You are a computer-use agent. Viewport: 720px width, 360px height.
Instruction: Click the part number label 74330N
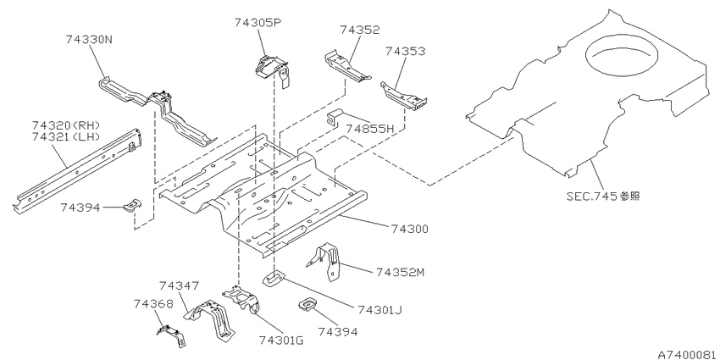[x=89, y=40]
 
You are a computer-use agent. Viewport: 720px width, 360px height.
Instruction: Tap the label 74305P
[x=258, y=22]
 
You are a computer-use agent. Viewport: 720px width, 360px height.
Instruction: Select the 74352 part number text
[x=360, y=30]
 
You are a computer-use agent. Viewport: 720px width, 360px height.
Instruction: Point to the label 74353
[x=405, y=51]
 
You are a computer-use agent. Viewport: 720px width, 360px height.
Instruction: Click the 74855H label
[x=370, y=129]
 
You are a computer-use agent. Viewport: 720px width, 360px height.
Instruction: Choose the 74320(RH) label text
[x=66, y=125]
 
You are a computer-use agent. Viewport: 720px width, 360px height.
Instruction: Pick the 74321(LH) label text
[x=66, y=136]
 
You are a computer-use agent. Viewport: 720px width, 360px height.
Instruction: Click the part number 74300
[x=410, y=228]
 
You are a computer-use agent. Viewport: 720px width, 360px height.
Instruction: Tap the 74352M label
[x=400, y=272]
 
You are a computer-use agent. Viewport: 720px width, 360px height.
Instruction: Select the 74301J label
[x=379, y=310]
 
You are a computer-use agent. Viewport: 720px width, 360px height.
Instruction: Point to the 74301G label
[x=281, y=341]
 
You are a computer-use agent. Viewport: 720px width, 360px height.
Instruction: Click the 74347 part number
[x=179, y=286]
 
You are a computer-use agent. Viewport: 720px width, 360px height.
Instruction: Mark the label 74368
[x=154, y=303]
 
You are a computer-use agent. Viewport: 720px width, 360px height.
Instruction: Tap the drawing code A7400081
[x=689, y=355]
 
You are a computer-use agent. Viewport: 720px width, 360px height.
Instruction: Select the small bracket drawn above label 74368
[x=172, y=335]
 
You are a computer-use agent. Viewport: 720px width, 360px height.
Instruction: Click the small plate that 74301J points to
[x=274, y=279]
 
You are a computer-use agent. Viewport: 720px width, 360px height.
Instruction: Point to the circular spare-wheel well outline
[x=621, y=56]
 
